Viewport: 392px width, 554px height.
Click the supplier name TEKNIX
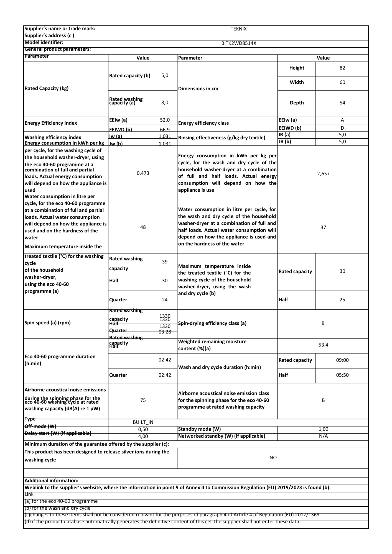238,29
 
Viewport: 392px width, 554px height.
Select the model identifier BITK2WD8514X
239,43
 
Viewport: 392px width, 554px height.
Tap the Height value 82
342,68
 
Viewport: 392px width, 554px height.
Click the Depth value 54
342,103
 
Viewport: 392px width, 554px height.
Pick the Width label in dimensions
297,82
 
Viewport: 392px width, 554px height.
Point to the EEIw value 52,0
165,120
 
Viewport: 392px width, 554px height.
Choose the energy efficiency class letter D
342,128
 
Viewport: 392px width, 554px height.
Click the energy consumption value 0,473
143,173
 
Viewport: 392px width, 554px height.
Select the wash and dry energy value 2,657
323,174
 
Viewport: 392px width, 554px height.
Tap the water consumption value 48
143,227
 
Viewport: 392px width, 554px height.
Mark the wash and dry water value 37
323,227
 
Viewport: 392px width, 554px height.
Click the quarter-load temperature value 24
165,300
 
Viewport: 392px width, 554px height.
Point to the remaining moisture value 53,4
323,345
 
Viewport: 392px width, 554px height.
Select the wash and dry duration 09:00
342,360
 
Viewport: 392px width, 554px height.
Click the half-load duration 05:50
342,375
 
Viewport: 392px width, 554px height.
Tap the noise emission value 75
143,400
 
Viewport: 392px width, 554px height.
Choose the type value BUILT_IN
143,422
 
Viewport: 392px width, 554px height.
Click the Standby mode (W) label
199,429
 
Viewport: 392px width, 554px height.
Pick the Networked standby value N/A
323,436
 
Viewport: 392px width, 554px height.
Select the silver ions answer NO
273,458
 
